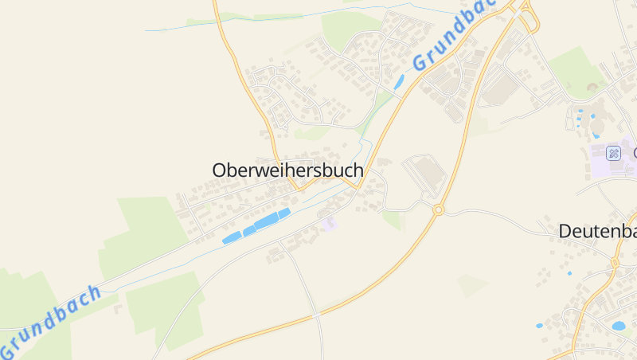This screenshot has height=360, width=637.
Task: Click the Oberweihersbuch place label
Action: pyautogui.click(x=287, y=170)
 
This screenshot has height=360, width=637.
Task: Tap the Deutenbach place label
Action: pyautogui.click(x=597, y=231)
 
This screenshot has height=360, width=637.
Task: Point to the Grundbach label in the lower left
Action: pyautogui.click(x=51, y=322)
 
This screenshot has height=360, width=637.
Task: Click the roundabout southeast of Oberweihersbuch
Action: pyautogui.click(x=438, y=209)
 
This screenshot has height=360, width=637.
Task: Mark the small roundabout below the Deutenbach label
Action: pyautogui.click(x=614, y=262)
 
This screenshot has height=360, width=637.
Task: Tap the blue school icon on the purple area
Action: pyautogui.click(x=613, y=153)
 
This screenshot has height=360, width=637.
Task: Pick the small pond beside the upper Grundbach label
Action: pyautogui.click(x=399, y=82)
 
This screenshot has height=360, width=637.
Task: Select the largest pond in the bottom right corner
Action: pyautogui.click(x=618, y=325)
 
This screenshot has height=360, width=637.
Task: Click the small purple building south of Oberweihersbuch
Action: pyautogui.click(x=329, y=224)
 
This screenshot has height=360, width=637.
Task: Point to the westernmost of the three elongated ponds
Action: pyautogui.click(x=232, y=237)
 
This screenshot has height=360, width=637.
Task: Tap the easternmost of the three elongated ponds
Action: pyautogui.click(x=284, y=213)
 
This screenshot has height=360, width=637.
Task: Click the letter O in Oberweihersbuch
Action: pyautogui.click(x=220, y=170)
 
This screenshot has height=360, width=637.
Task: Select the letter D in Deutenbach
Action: pyautogui.click(x=565, y=231)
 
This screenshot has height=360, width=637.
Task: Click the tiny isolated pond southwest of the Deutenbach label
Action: pyautogui.click(x=569, y=273)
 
